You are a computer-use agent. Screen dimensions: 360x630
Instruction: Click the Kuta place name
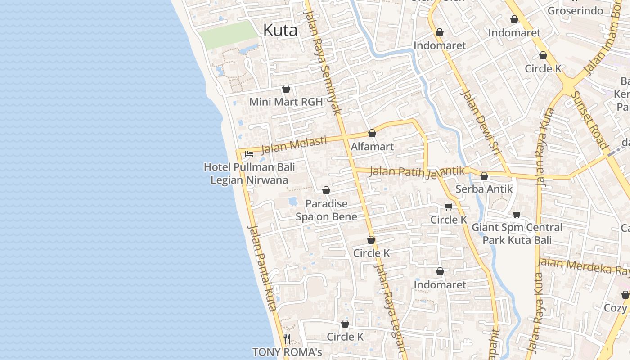pyautogui.click(x=280, y=31)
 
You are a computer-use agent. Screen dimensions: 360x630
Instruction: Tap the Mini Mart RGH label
pyautogui.click(x=286, y=102)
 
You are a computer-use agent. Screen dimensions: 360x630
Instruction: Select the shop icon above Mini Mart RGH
pyautogui.click(x=286, y=89)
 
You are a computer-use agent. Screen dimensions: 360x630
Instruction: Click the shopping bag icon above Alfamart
pyautogui.click(x=372, y=133)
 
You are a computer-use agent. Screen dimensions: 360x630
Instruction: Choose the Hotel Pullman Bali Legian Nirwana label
pyautogui.click(x=249, y=174)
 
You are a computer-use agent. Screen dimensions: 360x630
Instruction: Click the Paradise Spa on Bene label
pyautogui.click(x=326, y=210)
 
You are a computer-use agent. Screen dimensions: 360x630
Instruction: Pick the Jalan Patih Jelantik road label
pyautogui.click(x=417, y=171)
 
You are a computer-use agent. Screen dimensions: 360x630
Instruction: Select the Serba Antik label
pyautogui.click(x=484, y=189)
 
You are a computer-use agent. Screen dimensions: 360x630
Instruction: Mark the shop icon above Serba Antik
pyautogui.click(x=484, y=176)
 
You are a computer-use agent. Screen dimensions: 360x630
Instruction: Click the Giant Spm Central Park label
pyautogui.click(x=517, y=234)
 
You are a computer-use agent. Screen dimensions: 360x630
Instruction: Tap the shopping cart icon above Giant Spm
pyautogui.click(x=517, y=215)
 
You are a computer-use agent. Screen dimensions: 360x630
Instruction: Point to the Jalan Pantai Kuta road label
pyautogui.click(x=262, y=268)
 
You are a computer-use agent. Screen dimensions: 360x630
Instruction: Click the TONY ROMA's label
pyautogui.click(x=287, y=351)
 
